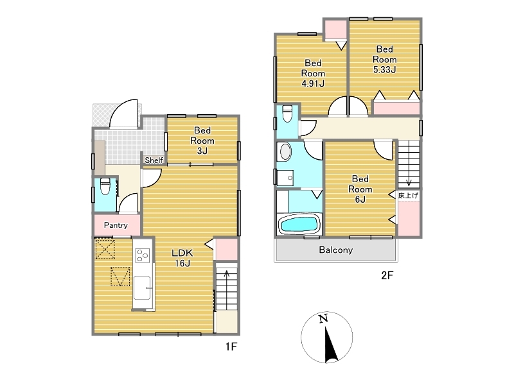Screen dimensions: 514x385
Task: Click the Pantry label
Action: point(116,225)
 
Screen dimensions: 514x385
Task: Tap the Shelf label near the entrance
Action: point(154,160)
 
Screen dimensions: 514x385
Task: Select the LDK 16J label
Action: point(182,258)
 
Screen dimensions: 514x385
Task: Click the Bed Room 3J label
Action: point(202,141)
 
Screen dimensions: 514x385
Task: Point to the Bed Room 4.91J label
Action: point(313,73)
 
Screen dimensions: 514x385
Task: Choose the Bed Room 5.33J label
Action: point(384,59)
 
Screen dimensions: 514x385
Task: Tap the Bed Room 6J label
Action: point(360,189)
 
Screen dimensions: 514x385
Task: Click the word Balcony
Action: point(336,250)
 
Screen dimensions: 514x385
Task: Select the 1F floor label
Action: point(231,346)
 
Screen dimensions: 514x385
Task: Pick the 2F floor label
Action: point(387,275)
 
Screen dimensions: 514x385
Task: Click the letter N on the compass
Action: point(324,318)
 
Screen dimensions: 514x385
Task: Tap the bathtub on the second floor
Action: point(299,224)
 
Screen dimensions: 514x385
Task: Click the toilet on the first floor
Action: point(105,186)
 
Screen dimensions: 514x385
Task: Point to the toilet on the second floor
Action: point(287,114)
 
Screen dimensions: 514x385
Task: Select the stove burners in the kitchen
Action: point(143,255)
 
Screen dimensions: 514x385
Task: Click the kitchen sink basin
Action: point(143,287)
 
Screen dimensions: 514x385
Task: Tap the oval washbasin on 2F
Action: point(285,152)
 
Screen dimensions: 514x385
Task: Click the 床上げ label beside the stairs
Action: point(409,196)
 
